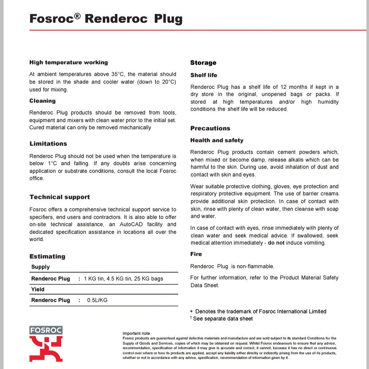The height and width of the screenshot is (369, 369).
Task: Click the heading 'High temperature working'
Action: tap(68, 63)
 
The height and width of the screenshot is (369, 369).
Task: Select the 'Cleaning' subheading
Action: tap(43, 101)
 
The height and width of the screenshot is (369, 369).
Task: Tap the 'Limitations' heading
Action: tap(48, 144)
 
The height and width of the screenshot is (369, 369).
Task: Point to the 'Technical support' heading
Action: tap(59, 197)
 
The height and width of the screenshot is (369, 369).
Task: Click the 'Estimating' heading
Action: tap(47, 257)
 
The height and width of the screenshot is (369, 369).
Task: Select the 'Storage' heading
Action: tap(203, 63)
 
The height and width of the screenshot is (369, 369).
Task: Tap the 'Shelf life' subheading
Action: tap(204, 75)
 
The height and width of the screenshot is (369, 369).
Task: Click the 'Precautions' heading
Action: tap(210, 129)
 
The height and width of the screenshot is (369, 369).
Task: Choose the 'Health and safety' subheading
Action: tap(217, 141)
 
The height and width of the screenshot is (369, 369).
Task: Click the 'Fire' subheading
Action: tap(196, 254)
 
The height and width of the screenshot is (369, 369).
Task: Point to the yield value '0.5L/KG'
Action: tap(97, 300)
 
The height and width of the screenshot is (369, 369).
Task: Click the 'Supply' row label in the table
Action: tap(40, 267)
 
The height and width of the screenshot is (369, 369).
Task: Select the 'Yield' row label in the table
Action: tap(38, 289)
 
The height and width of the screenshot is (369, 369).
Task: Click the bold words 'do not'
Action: tap(276, 243)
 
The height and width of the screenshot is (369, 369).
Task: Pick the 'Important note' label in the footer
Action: tap(136, 333)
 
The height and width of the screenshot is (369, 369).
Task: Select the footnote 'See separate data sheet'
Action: tap(223, 319)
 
